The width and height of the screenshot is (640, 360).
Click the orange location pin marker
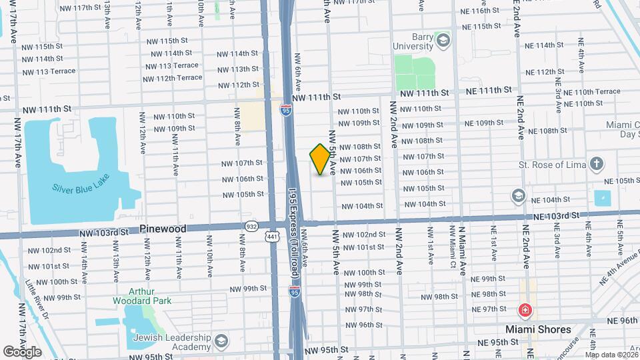[x=320, y=159]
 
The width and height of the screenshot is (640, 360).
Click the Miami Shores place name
[x=537, y=329]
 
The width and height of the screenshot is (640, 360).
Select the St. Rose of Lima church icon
[x=597, y=164]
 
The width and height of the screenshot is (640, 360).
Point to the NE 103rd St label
[x=553, y=216]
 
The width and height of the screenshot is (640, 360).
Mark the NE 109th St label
[x=484, y=123]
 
